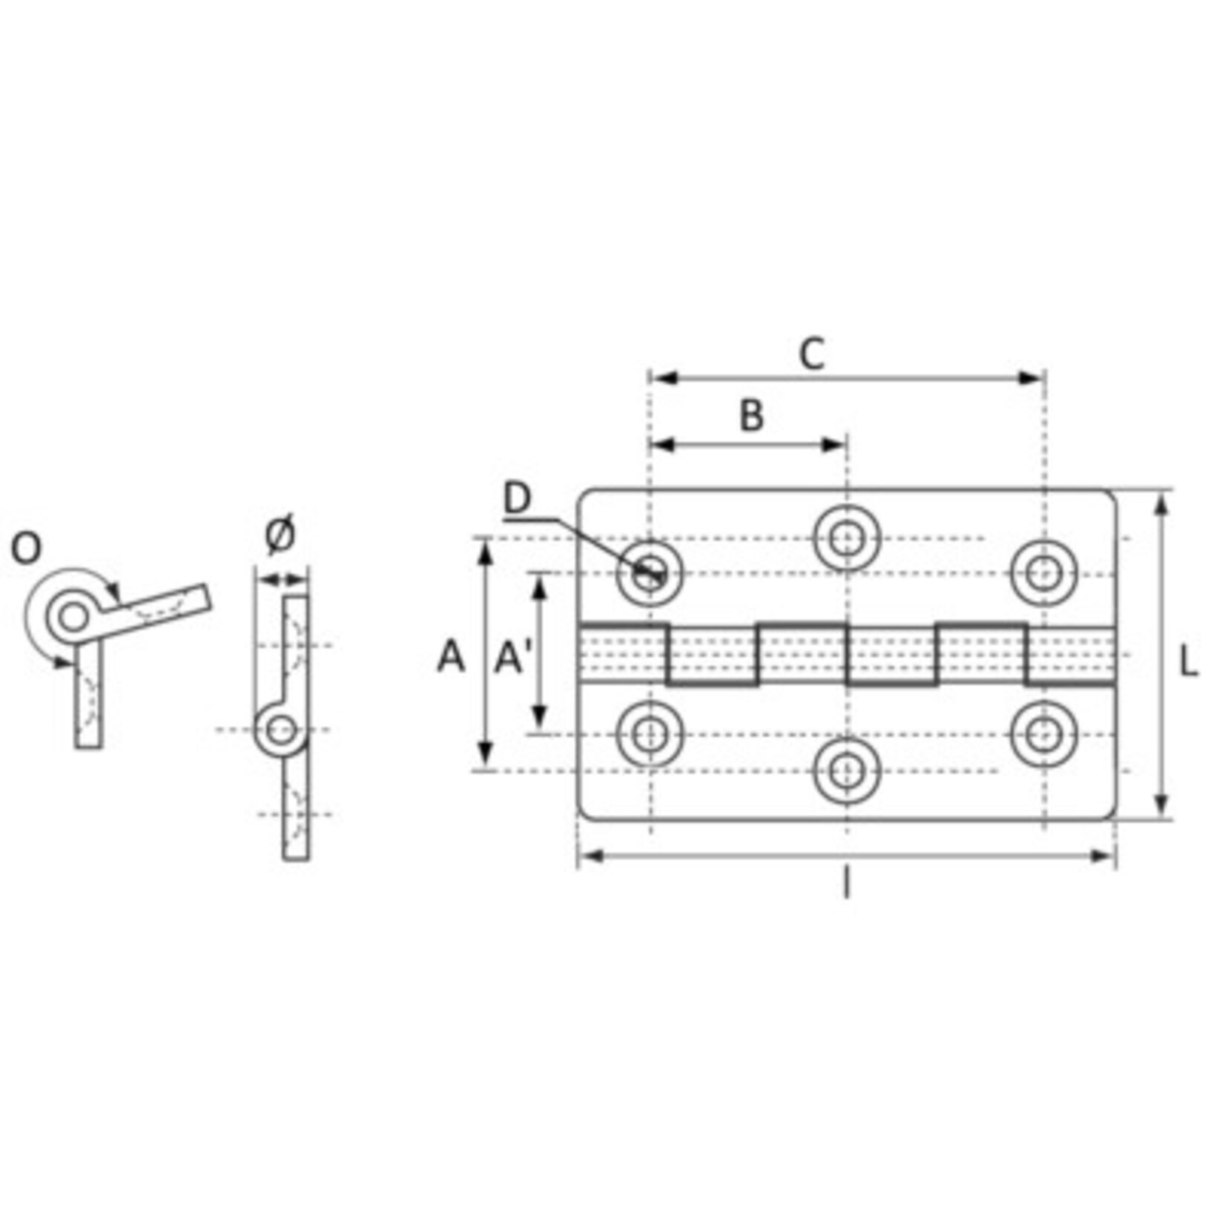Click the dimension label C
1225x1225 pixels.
click(812, 354)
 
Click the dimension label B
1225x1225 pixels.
click(751, 416)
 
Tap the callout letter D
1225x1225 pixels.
click(518, 498)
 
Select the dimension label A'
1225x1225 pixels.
click(510, 658)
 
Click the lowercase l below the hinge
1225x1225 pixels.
click(846, 884)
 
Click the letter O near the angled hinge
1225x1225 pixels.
click(26, 549)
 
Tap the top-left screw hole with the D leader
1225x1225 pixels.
click(650, 573)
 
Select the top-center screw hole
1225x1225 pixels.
click(847, 538)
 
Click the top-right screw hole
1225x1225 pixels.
click(1044, 573)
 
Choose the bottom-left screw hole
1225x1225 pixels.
click(650, 734)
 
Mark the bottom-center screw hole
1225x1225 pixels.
click(847, 771)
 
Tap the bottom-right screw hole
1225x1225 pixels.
click(1044, 734)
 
